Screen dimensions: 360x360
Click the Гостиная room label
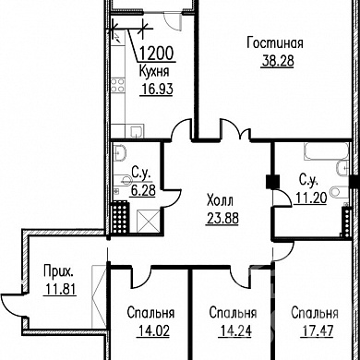point(275,43)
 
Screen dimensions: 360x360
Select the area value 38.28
point(278,61)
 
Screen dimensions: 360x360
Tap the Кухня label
point(154,72)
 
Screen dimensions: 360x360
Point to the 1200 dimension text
point(156,54)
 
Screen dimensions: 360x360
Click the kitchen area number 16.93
point(157,89)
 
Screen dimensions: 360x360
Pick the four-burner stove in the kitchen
point(117,85)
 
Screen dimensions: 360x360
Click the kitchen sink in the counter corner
point(137,131)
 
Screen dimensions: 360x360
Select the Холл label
point(220,201)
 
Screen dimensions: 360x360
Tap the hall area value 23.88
point(222,219)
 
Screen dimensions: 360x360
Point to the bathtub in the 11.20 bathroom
point(326,151)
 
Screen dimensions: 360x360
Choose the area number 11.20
point(311,198)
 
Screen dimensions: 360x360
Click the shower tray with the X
point(148,221)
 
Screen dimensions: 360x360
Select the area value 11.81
point(61,289)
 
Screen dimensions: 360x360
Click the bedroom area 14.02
point(153,331)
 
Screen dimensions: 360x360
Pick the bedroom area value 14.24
point(235,331)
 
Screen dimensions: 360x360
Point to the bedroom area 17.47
point(317,331)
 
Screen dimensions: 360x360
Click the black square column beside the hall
point(272,181)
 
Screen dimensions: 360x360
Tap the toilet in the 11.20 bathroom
point(339,192)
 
